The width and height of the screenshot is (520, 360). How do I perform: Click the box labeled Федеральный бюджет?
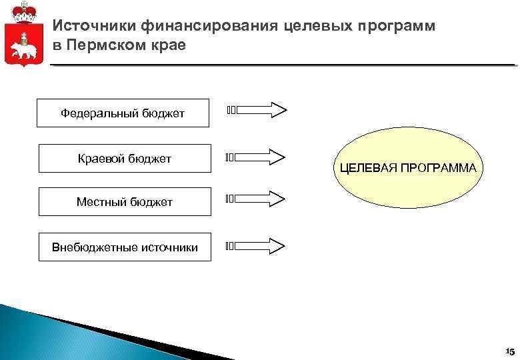tap(123, 113)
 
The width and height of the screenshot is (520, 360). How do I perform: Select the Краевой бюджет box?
tap(125, 158)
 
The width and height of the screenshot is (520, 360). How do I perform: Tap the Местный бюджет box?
tap(125, 202)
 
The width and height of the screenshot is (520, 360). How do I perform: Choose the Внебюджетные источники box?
tap(125, 247)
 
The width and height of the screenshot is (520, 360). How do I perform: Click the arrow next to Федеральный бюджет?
tap(257, 110)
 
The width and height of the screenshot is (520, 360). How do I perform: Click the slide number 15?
tap(509, 351)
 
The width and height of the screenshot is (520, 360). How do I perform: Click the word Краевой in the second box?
tap(101, 158)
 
